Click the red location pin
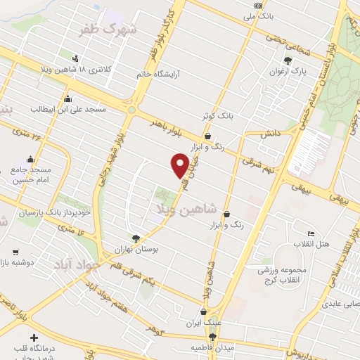point(180,165)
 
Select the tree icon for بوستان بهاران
point(135,238)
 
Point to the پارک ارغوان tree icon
point(287,60)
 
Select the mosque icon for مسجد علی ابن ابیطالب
point(67,98)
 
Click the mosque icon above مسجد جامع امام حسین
point(30,159)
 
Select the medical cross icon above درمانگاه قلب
point(34,338)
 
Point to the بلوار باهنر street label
point(167,127)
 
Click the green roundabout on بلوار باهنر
point(131,109)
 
